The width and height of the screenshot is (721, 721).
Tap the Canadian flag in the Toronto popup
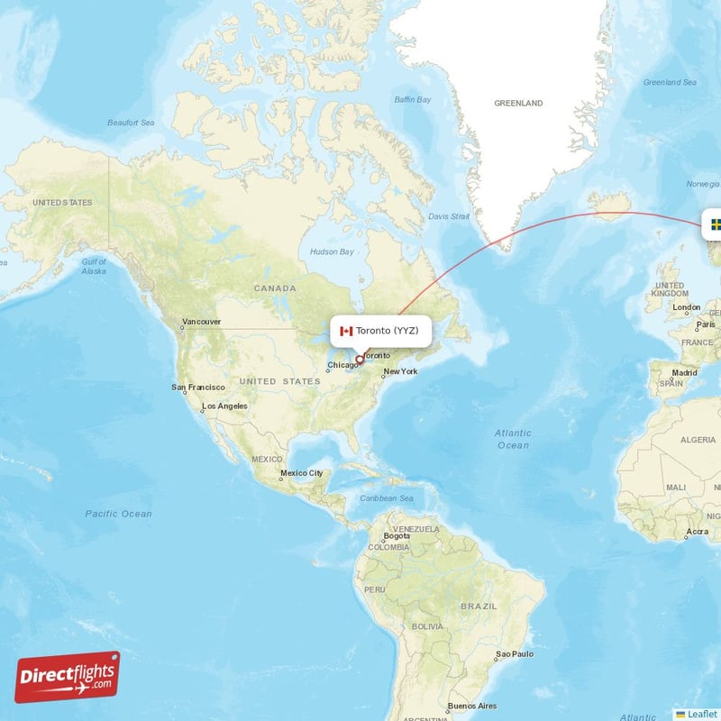[345, 331]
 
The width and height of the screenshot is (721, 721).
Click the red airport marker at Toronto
[360, 359]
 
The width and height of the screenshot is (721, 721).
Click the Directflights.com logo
[68, 677]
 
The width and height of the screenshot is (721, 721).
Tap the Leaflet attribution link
[701, 714]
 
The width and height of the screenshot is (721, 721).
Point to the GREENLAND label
[518, 104]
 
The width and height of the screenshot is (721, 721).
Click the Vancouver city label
[201, 322]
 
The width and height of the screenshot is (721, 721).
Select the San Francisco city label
[198, 387]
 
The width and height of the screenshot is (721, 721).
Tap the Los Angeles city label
[224, 406]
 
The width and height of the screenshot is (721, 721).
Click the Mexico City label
[301, 473]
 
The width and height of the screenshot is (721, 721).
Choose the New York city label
[400, 371]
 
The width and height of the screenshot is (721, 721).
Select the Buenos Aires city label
[473, 705]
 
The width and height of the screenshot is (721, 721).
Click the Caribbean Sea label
[387, 498]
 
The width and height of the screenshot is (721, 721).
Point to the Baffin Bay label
[413, 99]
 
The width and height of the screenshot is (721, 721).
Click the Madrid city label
[684, 372]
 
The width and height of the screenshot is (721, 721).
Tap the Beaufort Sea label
[131, 123]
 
